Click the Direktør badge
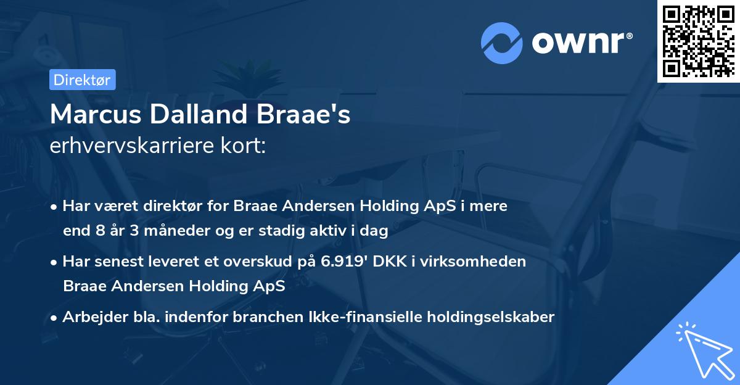pos(83,80)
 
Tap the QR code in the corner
pos(697,41)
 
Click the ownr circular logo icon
pos(503,43)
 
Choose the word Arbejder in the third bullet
pos(91,317)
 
